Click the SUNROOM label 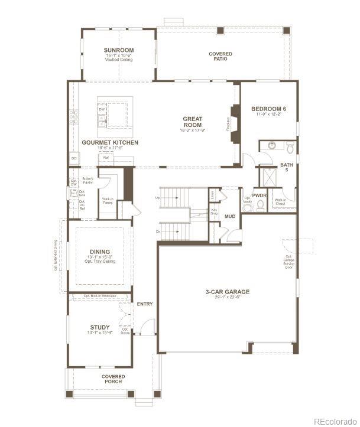point(119,50)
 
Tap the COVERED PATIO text point(220,56)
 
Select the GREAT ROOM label point(192,122)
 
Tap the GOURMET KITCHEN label point(110,143)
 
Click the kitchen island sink point(102,121)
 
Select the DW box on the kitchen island point(102,109)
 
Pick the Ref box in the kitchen point(106,158)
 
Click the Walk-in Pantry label point(108,201)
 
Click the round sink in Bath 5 point(271,145)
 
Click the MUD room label point(231,216)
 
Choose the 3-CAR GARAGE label point(227,292)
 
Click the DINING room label point(99,252)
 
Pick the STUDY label point(99,327)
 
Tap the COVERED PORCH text point(113,379)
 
